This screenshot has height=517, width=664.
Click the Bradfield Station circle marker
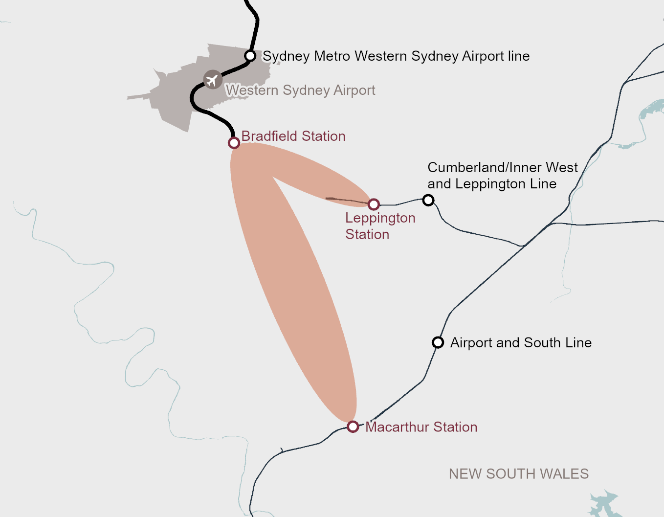click(x=234, y=143)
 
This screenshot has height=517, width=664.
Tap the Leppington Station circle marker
click(x=374, y=204)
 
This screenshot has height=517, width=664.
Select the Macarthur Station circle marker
click(x=353, y=427)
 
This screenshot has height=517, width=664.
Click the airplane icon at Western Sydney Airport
click(x=212, y=80)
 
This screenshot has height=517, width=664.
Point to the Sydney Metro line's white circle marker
click(x=250, y=56)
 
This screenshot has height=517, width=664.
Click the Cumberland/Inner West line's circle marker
click(x=428, y=200)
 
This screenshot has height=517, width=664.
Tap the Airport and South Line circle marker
click(x=438, y=342)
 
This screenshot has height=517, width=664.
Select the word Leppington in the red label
click(x=380, y=218)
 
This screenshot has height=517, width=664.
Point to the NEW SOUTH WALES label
click(x=519, y=474)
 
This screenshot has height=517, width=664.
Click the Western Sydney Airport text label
click(x=300, y=90)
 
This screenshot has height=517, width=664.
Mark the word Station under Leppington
click(x=367, y=235)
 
